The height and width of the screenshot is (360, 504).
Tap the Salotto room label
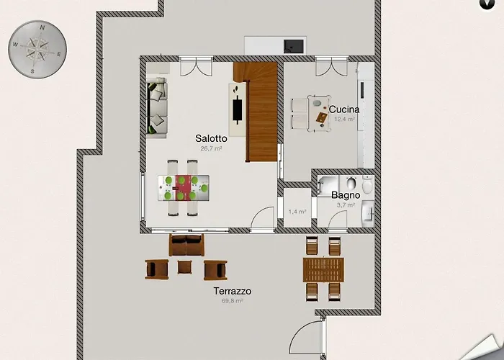click(211, 138)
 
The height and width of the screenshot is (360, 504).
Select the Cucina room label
click(344, 109)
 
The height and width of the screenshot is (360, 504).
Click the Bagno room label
click(346, 195)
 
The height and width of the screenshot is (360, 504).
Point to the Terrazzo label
click(232, 292)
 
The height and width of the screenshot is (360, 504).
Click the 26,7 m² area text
click(211, 148)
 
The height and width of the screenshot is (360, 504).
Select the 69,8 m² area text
click(232, 301)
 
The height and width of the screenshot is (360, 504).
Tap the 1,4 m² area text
click(297, 212)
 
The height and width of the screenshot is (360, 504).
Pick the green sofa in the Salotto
click(157, 109)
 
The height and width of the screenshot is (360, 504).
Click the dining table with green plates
click(183, 188)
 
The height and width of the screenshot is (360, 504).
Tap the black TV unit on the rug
click(237, 109)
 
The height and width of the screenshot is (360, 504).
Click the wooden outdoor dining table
click(323, 271)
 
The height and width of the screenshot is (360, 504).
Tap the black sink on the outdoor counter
click(293, 45)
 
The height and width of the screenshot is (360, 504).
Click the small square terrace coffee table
click(186, 268)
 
